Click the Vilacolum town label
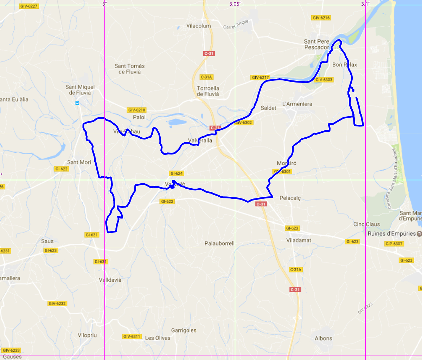click(199, 26)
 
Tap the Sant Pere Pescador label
click(316, 44)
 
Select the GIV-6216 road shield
click(321, 18)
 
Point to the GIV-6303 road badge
click(324, 80)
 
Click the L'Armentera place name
click(297, 104)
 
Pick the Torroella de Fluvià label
click(208, 91)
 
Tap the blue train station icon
click(77, 103)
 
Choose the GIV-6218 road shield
click(137, 110)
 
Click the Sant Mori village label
click(79, 162)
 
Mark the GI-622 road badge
click(61, 169)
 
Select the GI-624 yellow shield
click(177, 173)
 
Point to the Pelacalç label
click(290, 198)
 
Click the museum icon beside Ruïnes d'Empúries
click(419, 234)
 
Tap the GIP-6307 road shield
click(394, 244)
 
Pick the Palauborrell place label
click(219, 243)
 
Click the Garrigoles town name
click(184, 330)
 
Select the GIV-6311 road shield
click(132, 336)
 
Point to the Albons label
click(323, 338)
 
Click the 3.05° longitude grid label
click(235, 4)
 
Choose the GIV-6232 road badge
click(57, 303)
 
